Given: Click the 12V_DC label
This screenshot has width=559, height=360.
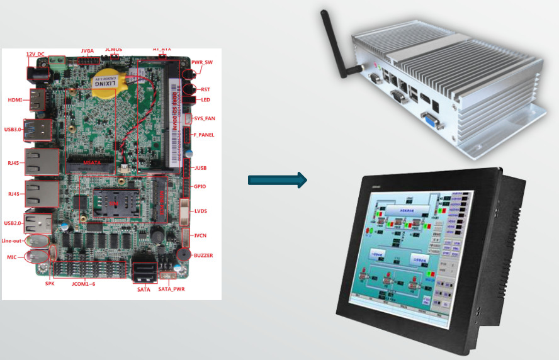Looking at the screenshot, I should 35,55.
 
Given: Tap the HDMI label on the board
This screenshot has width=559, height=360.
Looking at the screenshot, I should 14,100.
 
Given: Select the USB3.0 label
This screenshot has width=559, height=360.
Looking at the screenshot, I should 13,129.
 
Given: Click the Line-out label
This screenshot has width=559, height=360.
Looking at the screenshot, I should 13,241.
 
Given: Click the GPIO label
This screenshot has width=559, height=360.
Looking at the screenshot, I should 200,187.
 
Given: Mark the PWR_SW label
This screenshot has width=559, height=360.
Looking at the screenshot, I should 202,63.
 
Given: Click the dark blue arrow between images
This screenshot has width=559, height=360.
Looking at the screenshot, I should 277,181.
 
